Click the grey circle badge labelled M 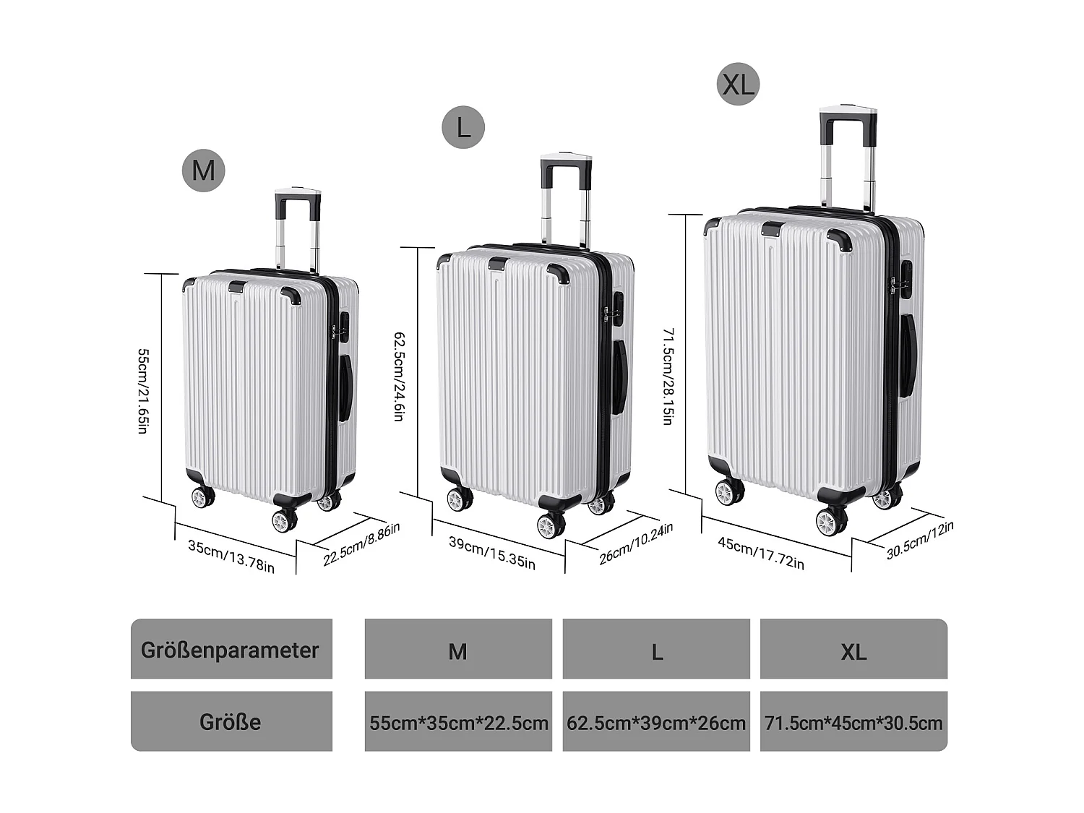tap(204, 171)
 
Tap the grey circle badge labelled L tap(463, 128)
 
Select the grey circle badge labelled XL tap(738, 85)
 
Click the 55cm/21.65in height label tap(143, 391)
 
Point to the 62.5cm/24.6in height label tap(399, 376)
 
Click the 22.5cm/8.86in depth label tap(361, 544)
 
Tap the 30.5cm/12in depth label tap(920, 540)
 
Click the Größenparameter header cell tap(231, 649)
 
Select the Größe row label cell tap(231, 721)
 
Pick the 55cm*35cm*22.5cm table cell tap(458, 722)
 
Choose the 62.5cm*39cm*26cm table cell tap(656, 722)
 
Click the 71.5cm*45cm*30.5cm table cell tap(853, 722)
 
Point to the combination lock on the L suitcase tap(618, 306)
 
